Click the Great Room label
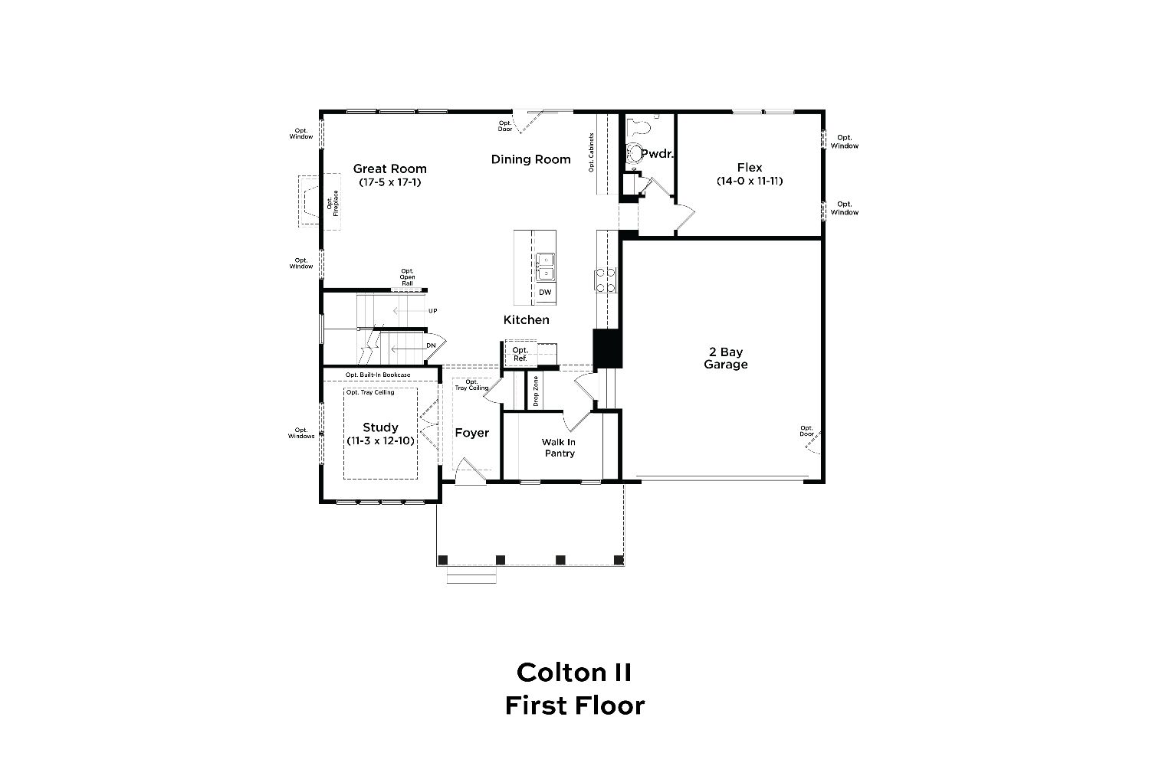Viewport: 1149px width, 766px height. tap(390, 169)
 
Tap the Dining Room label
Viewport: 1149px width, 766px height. tap(531, 159)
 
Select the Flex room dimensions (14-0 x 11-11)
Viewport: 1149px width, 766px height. tap(750, 181)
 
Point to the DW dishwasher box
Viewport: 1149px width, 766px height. tap(545, 293)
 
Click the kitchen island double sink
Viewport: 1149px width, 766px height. tap(545, 267)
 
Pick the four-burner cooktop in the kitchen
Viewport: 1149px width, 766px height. tap(606, 280)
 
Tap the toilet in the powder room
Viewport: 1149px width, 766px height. tap(635, 152)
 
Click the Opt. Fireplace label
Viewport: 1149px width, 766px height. tap(333, 203)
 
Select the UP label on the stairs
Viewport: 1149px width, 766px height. tap(433, 311)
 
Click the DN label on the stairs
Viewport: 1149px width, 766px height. tap(431, 345)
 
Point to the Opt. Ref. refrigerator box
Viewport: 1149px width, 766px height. tap(520, 354)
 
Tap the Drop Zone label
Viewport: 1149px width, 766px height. tap(536, 391)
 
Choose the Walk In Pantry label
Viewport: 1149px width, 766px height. tap(559, 447)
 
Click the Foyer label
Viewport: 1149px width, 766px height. tap(472, 433)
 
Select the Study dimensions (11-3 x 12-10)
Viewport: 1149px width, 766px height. tap(381, 441)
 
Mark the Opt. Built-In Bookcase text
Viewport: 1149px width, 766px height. tap(378, 375)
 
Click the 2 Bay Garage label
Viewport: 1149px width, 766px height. tap(726, 358)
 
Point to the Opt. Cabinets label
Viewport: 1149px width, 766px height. tap(592, 152)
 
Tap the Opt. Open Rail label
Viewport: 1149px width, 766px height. tap(407, 277)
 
